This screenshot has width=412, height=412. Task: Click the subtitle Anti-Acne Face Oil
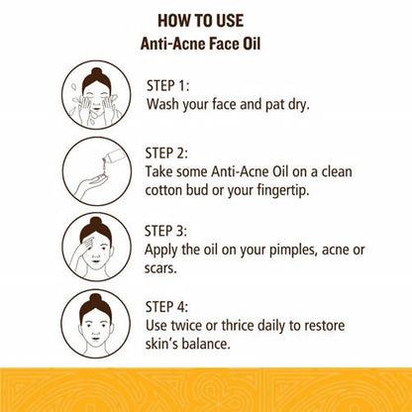pyautogui.click(x=206, y=45)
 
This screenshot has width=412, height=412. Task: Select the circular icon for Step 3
pyautogui.click(x=101, y=245)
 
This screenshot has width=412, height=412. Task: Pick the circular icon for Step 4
pyautogui.click(x=101, y=320)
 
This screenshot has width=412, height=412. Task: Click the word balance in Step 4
pyautogui.click(x=220, y=346)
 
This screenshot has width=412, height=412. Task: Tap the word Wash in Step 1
pyautogui.click(x=166, y=102)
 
